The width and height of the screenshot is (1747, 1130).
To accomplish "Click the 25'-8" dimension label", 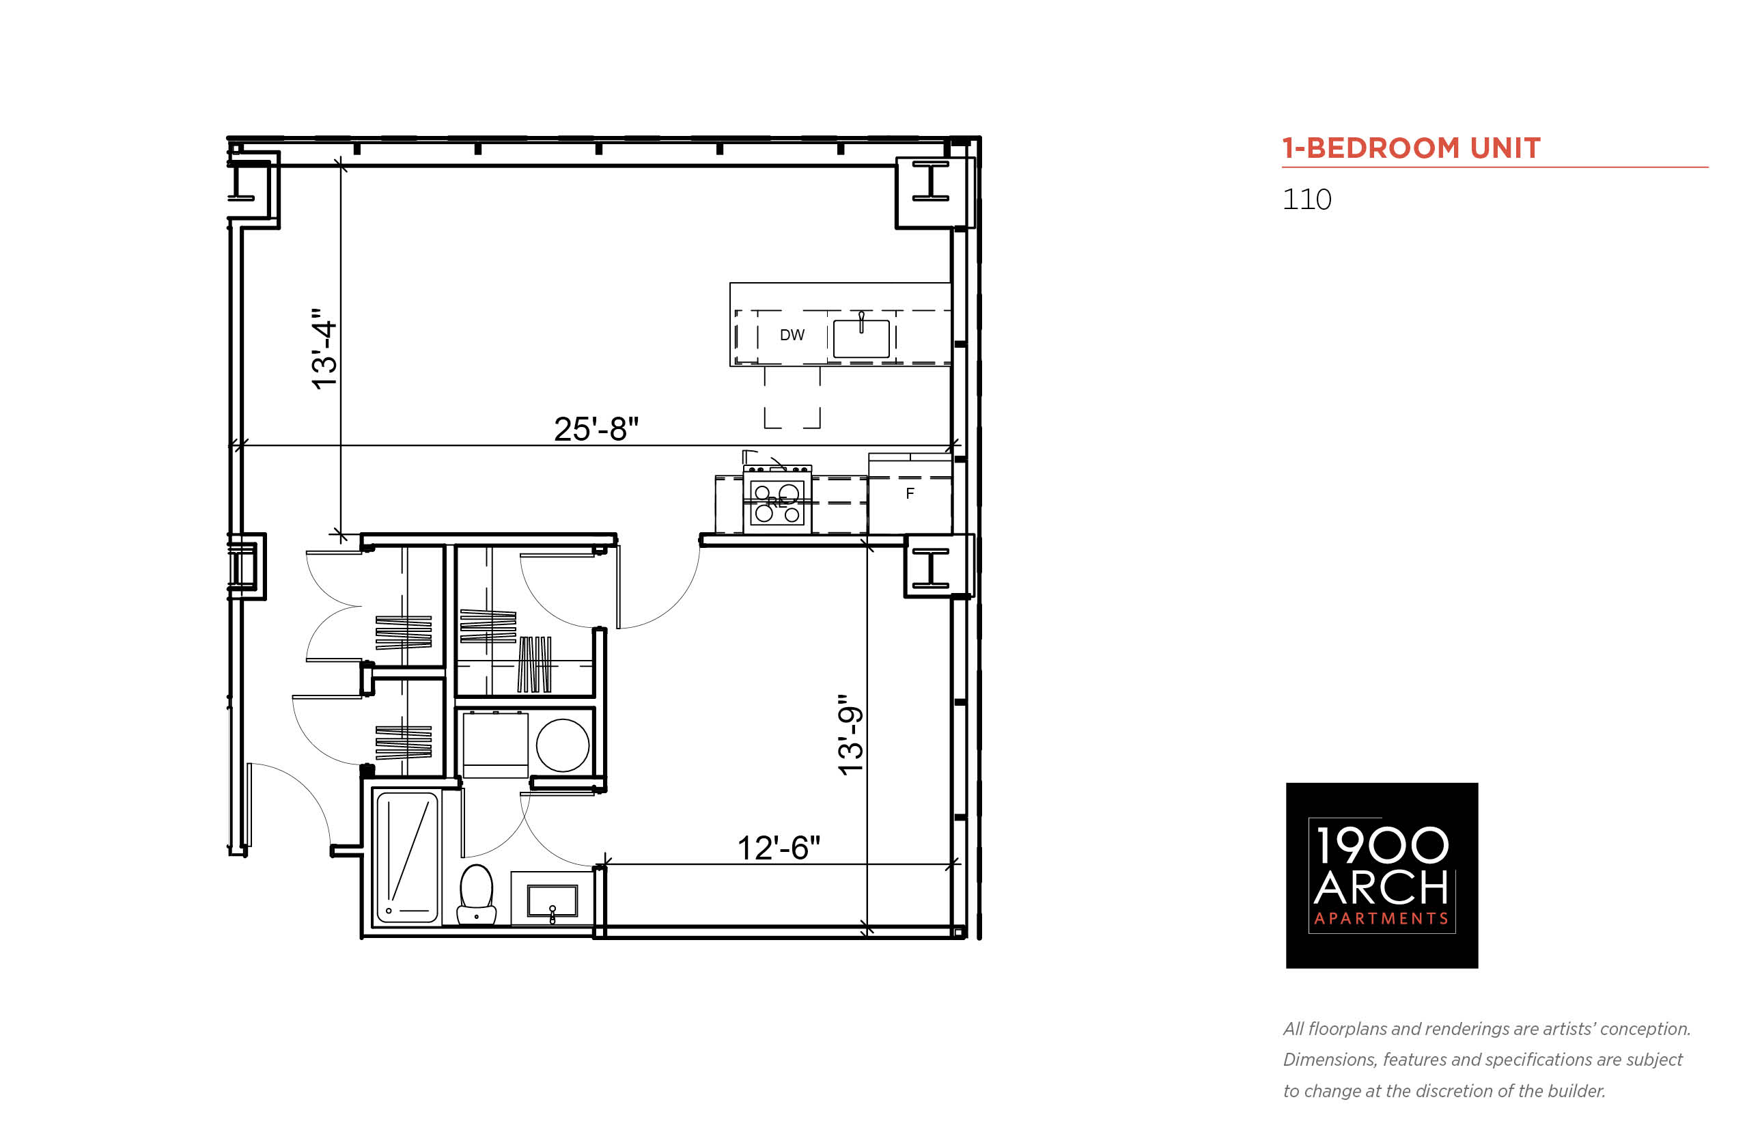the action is point(596,429).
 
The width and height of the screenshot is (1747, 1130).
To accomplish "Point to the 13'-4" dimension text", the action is point(324,349).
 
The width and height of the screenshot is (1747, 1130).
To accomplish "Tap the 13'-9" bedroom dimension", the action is point(851,735).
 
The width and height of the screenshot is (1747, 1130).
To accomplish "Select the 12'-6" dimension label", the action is point(778,849).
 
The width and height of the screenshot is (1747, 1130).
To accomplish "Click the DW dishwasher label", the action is point(792,335).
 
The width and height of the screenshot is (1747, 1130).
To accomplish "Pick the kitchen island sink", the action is point(861,337).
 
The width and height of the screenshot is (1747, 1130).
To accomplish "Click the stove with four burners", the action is point(777,499).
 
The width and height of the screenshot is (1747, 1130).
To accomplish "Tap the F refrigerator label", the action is point(910,494).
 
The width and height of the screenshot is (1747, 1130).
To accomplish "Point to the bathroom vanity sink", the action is point(553,901).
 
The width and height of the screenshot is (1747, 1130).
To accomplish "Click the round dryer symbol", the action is point(563,745).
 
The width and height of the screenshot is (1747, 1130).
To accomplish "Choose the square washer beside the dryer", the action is point(495,744).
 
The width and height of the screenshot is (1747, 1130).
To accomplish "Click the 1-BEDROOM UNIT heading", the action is point(1411,148).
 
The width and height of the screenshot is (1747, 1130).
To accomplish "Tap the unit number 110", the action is point(1307,199).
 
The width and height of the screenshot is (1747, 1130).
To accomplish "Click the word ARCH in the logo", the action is point(1380,889).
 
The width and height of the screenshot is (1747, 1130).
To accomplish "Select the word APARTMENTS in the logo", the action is point(1381,919).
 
